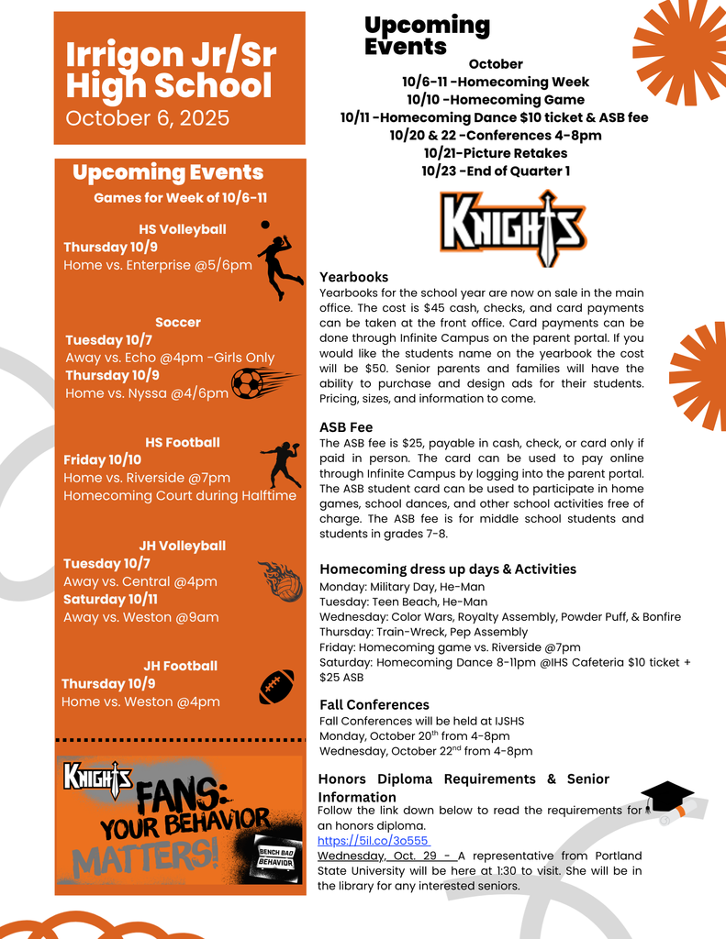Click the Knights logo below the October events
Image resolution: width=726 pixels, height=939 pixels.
point(513,226)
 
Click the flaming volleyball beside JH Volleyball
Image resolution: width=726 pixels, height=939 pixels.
point(282,582)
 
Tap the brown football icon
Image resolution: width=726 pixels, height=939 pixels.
point(275,687)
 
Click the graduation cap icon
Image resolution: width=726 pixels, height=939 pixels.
point(666,797)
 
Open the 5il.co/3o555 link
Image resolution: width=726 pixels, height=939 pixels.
point(373,840)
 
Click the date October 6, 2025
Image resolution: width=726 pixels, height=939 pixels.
point(147,118)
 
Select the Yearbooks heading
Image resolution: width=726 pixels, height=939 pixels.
point(353,277)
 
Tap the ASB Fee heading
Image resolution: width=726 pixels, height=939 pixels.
point(346,426)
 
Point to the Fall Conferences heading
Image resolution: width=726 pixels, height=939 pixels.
point(374,704)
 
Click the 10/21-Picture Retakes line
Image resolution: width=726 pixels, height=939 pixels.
point(496,153)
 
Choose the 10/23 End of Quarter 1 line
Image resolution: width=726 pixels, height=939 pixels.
point(496,171)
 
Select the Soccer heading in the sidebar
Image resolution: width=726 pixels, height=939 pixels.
point(178,322)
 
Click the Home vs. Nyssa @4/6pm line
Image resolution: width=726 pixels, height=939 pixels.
point(147,392)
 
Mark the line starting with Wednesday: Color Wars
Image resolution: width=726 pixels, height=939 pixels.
point(500,617)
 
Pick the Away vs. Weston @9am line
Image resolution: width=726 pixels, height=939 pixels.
point(140,617)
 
